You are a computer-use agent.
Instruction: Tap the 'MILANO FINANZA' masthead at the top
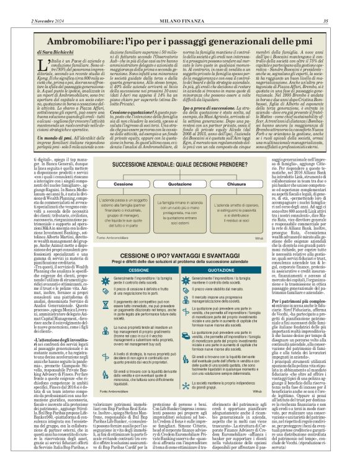179,6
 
